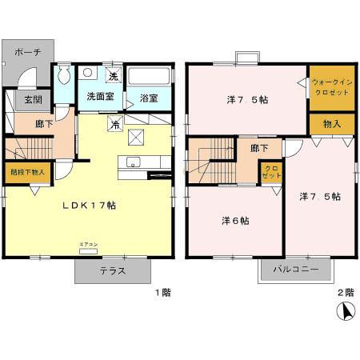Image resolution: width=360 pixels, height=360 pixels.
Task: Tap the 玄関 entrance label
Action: coord(33,99)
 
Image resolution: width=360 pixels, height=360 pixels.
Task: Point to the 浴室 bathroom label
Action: coord(149,98)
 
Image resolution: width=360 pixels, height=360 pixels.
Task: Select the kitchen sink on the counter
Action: coord(132,164)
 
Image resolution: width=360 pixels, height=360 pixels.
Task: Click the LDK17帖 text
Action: coord(90,206)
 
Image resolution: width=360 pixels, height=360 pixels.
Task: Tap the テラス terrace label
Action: coord(112,270)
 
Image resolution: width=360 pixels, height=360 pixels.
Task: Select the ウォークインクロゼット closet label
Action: coord(331,86)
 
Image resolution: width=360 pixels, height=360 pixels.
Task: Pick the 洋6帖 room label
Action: coord(234,221)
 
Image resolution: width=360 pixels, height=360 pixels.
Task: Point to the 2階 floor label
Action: coord(344,293)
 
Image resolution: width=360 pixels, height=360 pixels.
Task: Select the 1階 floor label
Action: coord(163,293)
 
